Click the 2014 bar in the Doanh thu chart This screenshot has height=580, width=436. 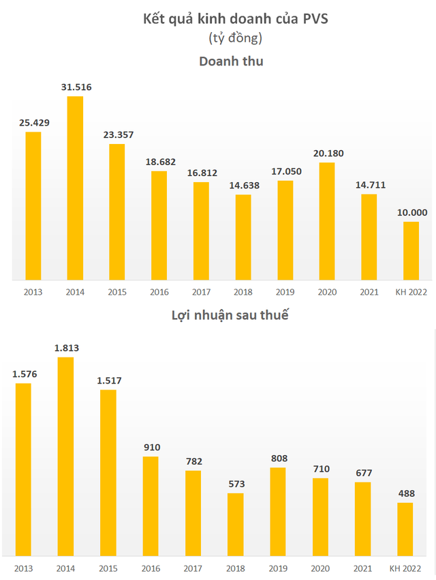pyautogui.click(x=75, y=188)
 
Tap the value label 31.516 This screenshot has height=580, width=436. pyautogui.click(x=75, y=87)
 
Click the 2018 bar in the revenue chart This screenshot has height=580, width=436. pyautogui.click(x=243, y=237)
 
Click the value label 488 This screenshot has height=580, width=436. pyautogui.click(x=405, y=493)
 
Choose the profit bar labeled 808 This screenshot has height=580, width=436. pyautogui.click(x=278, y=511)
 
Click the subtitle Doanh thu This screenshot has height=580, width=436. pyautogui.click(x=231, y=61)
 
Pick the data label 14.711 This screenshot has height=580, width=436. pyautogui.click(x=369, y=185)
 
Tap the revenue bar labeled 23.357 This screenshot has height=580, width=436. pyautogui.click(x=117, y=212)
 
